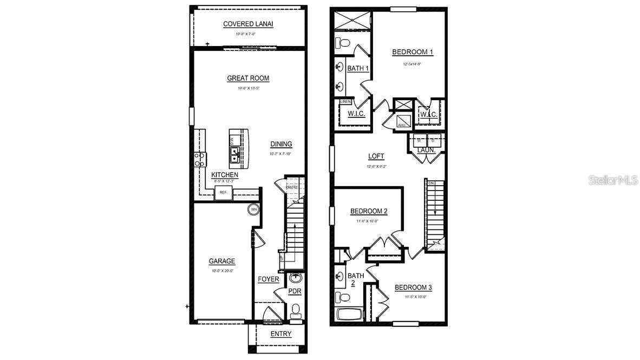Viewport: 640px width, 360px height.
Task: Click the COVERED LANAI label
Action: click(x=248, y=24)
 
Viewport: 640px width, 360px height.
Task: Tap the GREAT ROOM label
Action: click(x=248, y=78)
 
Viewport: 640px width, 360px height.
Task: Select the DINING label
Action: click(x=281, y=144)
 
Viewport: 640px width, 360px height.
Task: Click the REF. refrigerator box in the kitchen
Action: click(x=223, y=193)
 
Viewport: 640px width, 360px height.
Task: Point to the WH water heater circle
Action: click(x=253, y=209)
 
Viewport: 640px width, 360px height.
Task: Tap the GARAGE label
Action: click(x=222, y=261)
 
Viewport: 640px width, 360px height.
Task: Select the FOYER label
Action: click(x=268, y=279)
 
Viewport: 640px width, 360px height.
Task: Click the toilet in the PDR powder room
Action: click(x=295, y=311)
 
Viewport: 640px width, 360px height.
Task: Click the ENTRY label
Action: click(x=280, y=334)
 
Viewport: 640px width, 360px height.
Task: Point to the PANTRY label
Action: click(x=292, y=187)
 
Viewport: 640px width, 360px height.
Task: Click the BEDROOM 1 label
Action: click(x=413, y=53)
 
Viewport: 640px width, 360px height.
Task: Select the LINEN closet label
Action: click(x=345, y=101)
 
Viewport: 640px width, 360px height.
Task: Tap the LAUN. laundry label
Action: click(x=427, y=150)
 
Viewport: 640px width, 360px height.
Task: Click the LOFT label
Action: click(x=376, y=156)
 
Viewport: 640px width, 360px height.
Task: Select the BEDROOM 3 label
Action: click(x=413, y=287)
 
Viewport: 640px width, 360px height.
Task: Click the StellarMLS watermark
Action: click(x=613, y=180)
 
